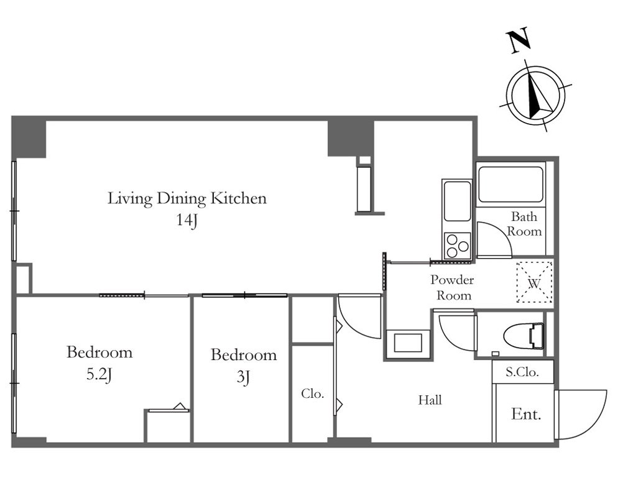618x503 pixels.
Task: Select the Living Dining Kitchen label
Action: (187, 198)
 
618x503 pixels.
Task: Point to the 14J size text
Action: (187, 220)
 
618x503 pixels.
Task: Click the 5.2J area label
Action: (99, 375)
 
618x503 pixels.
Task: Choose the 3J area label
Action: (244, 377)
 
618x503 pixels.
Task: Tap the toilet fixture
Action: (523, 336)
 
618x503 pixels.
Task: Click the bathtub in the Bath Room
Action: (510, 184)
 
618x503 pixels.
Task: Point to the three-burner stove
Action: (457, 246)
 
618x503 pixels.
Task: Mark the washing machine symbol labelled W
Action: (534, 282)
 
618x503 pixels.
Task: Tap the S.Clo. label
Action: (522, 372)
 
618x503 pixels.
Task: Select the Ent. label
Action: (526, 414)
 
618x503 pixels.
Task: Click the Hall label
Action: (430, 400)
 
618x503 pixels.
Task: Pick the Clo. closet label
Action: (312, 393)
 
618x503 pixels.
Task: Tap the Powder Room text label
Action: (453, 287)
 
